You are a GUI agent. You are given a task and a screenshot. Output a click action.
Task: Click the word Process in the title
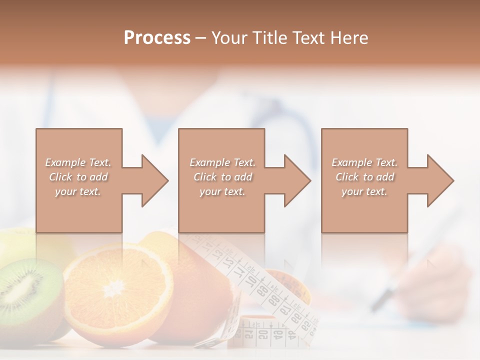[x=157, y=37]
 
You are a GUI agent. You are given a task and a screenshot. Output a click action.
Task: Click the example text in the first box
[x=78, y=177]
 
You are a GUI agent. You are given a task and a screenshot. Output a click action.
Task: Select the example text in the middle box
[x=222, y=177]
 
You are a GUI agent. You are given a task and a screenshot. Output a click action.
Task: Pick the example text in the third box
[x=364, y=177]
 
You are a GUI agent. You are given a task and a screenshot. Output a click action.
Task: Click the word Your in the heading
[x=228, y=37]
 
